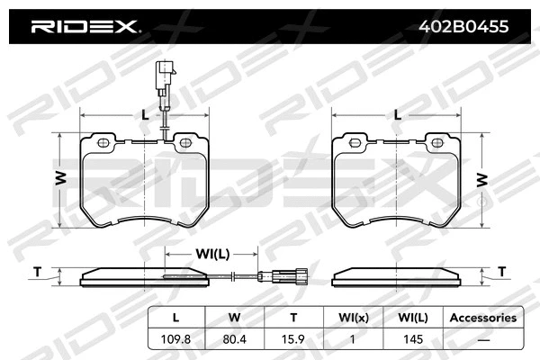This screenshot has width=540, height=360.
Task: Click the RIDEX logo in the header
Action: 85,27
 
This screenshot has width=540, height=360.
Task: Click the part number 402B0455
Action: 466,27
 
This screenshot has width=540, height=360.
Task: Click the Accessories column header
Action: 482,318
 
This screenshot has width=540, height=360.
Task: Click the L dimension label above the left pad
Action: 144,113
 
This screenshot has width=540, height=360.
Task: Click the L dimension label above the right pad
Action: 397,113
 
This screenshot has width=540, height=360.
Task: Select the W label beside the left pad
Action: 59,179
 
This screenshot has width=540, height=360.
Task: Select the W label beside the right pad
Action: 482,179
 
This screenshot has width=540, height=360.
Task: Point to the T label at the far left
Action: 37,272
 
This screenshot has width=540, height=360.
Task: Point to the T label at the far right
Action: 502,272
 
